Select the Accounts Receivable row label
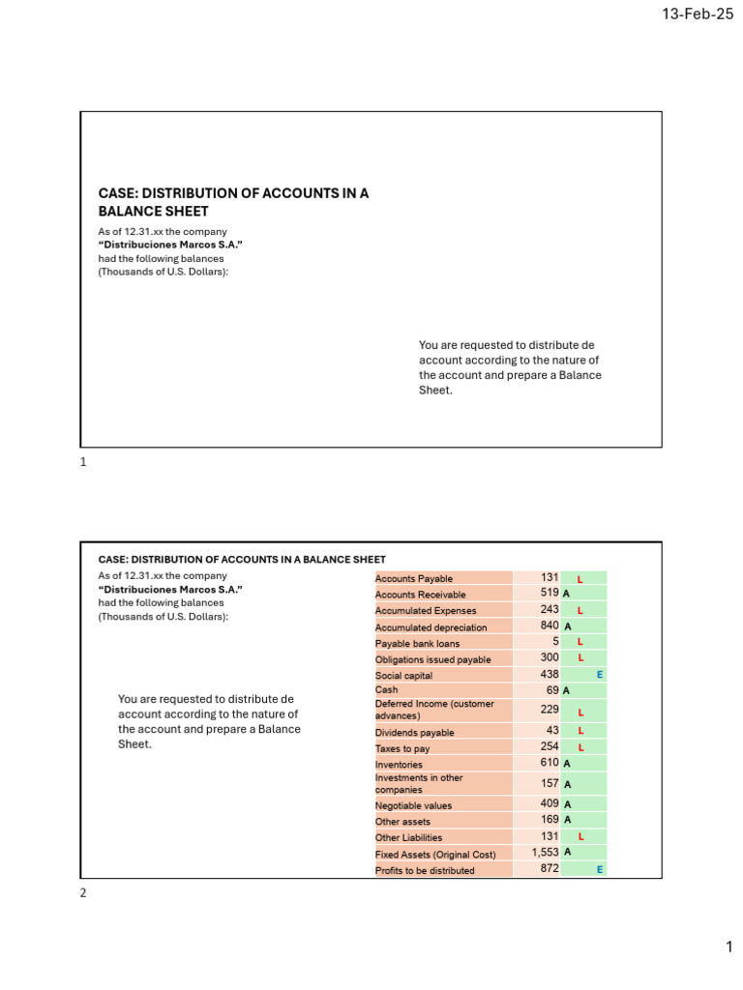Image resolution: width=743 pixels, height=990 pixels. [420, 595]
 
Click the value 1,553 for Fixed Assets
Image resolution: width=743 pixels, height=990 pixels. [545, 853]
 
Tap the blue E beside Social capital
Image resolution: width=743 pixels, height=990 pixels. [600, 675]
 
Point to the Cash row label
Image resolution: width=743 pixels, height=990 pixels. [386, 690]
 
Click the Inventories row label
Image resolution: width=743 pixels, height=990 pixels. [399, 765]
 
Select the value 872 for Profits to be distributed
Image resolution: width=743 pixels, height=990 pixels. [549, 870]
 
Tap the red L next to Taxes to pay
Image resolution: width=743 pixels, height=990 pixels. [580, 747]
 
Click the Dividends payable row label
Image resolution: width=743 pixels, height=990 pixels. [414, 733]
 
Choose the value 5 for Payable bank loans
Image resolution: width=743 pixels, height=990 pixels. [555, 642]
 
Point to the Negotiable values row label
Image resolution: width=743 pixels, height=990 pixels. [413, 805]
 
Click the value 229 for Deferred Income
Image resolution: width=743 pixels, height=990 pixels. [549, 711]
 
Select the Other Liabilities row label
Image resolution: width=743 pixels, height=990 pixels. [408, 837]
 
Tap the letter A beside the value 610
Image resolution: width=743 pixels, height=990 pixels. [566, 764]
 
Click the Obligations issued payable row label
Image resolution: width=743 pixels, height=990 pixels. [432, 659]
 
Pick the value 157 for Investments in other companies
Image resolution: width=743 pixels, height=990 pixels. [549, 784]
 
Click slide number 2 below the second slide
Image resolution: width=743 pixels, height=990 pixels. [83, 893]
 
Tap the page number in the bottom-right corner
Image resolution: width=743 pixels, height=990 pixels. [729, 950]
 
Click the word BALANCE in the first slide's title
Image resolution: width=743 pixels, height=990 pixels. [126, 211]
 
